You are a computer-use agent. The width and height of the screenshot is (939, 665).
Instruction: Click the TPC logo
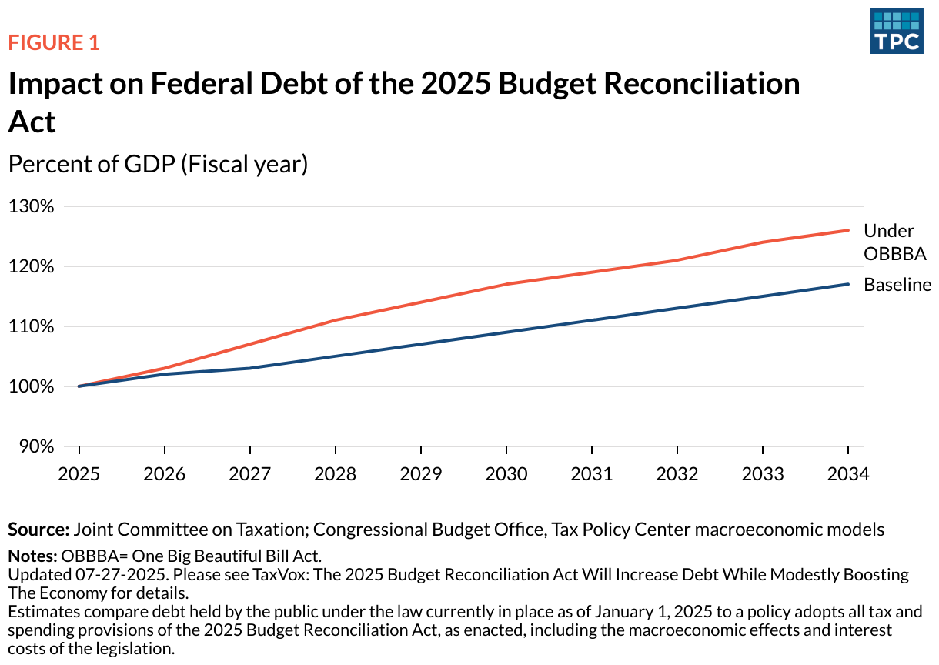point(897,31)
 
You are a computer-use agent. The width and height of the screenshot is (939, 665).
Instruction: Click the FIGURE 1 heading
point(54,42)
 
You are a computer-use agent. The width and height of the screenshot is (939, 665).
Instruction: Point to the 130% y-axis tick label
point(32,206)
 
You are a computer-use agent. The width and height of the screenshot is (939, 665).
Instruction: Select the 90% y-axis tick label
point(35,446)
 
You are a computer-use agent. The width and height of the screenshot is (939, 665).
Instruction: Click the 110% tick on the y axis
point(32,326)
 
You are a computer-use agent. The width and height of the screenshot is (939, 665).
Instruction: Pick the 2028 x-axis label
point(336,473)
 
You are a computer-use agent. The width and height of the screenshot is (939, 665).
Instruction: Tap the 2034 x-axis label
point(848,473)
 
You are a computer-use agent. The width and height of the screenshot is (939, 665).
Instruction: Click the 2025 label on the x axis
point(79,473)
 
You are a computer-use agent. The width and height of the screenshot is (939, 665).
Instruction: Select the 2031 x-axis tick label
point(592,473)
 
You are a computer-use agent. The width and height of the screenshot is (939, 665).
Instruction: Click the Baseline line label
point(897,285)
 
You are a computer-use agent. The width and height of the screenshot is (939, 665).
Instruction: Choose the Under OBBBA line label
point(894,242)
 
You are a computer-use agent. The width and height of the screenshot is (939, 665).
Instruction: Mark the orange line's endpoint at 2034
point(848,230)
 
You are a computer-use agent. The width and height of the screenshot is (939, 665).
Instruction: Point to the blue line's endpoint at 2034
point(848,284)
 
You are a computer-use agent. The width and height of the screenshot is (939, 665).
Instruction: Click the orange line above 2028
point(336,320)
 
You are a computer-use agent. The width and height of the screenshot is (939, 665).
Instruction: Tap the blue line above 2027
point(250,368)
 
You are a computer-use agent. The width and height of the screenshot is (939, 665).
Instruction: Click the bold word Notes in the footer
point(32,556)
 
